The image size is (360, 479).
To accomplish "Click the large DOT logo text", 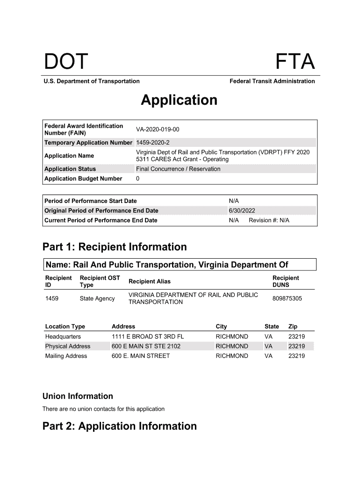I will [66, 62].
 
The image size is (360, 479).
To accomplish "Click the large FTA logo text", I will [295, 62].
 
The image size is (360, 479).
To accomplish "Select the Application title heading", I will [179, 100].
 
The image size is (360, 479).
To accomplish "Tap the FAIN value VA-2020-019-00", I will [158, 129].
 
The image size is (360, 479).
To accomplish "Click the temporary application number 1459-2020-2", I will [153, 142].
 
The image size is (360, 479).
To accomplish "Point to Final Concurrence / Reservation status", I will [178, 169].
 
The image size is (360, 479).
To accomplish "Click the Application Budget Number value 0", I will [138, 179].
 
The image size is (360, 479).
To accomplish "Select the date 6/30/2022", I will [242, 210].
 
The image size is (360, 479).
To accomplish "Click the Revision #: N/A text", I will [269, 220].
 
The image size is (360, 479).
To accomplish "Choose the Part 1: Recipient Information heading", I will [115, 247].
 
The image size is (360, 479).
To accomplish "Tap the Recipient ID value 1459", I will [52, 298].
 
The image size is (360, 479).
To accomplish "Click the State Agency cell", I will [97, 298].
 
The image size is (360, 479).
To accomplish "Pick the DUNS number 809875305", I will [287, 298].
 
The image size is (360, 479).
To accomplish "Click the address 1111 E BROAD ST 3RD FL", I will [148, 336].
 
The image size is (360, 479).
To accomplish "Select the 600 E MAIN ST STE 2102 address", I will [146, 346].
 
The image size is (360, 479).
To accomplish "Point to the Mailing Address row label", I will [66, 356].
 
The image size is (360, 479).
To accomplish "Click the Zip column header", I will [293, 327].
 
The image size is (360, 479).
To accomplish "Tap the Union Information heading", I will [78, 396].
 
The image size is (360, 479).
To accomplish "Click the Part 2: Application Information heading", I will [120, 426].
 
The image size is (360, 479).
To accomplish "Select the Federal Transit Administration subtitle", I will [272, 81].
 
